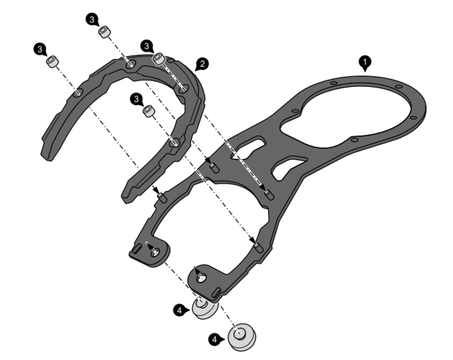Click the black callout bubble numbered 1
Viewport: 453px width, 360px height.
365,62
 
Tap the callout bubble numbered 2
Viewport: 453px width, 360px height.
202,64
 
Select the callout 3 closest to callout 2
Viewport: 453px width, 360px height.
147,46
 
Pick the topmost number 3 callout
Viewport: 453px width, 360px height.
92,20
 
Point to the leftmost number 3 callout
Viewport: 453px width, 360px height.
40,49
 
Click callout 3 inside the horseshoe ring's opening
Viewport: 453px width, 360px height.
137,99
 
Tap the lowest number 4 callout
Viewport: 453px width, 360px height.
215,339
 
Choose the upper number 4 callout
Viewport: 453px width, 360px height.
180,310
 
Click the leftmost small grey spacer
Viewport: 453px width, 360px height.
52,61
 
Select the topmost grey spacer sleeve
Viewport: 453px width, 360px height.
104,32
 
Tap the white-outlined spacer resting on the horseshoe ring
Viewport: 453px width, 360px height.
159,59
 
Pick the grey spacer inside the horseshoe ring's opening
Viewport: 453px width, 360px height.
149,111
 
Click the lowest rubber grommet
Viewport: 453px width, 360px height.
242,337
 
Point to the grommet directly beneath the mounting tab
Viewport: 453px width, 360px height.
204,308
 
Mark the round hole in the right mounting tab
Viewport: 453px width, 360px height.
201,278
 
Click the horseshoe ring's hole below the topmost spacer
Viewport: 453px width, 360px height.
130,65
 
